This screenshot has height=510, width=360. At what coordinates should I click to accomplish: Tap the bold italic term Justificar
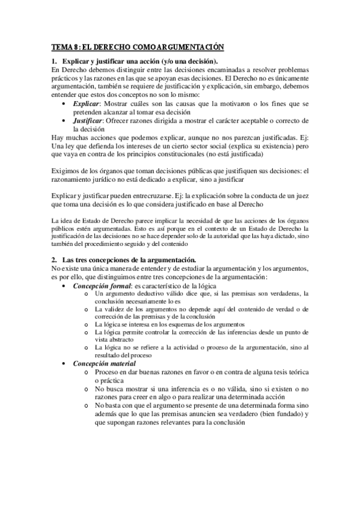point(88,120)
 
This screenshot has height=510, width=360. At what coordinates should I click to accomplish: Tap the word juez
point(301,195)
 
